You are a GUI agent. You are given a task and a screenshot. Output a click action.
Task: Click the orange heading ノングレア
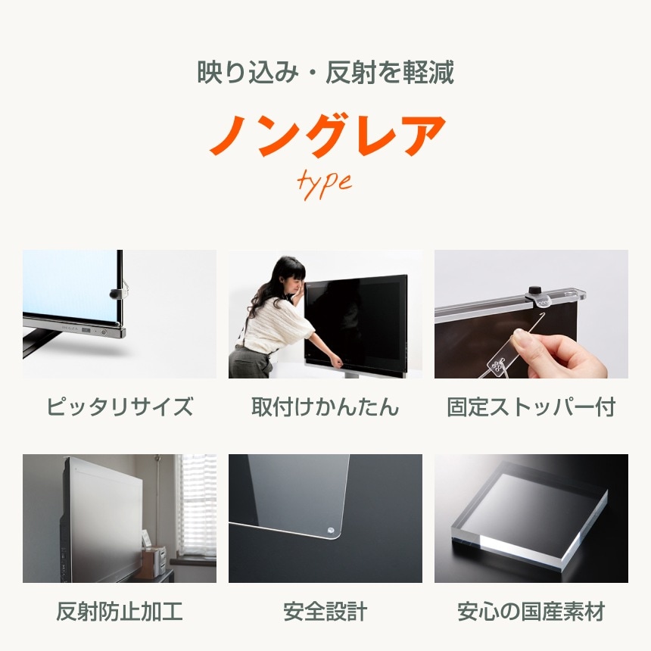326,136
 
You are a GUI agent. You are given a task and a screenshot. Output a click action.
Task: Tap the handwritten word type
325,182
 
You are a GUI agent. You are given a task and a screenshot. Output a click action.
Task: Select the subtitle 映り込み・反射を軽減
325,73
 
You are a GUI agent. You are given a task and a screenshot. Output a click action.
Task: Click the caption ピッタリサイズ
120,407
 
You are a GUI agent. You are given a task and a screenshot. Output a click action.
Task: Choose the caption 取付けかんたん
325,407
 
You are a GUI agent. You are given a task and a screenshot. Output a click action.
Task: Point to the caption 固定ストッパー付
531,407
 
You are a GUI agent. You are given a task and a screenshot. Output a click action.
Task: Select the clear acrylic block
530,515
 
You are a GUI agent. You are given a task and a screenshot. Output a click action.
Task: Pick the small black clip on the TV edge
115,293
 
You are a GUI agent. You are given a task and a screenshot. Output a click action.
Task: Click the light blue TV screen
68,286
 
